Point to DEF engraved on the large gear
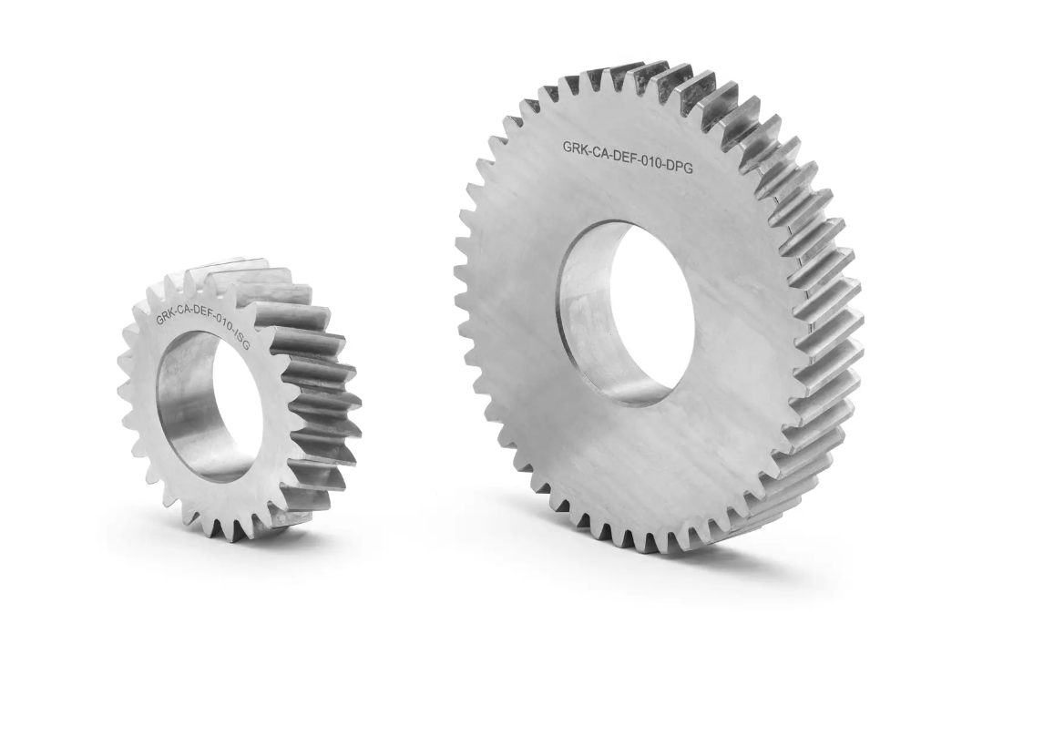point(621,158)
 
